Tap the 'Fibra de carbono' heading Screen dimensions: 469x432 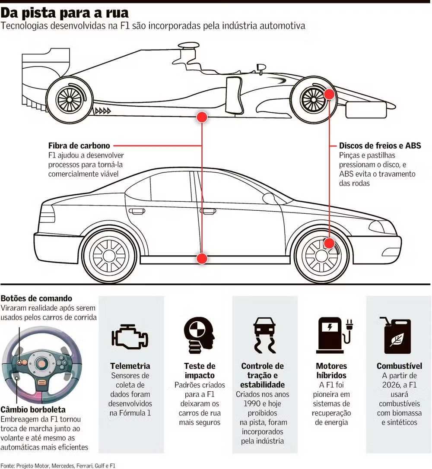click(x=79, y=146)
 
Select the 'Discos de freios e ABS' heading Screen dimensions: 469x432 click(x=380, y=146)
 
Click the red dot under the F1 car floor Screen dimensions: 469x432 click(x=202, y=117)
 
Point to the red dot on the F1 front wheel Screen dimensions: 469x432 click(x=329, y=94)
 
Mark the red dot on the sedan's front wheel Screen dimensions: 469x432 click(x=329, y=243)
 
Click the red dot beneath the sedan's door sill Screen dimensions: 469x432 click(x=202, y=258)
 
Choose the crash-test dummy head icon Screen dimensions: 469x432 click(x=199, y=333)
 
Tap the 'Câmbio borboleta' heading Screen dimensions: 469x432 click(x=33, y=409)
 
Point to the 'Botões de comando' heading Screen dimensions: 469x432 click(x=36, y=298)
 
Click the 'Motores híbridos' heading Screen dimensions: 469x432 click(x=331, y=371)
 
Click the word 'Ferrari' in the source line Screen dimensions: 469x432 click(x=85, y=466)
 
